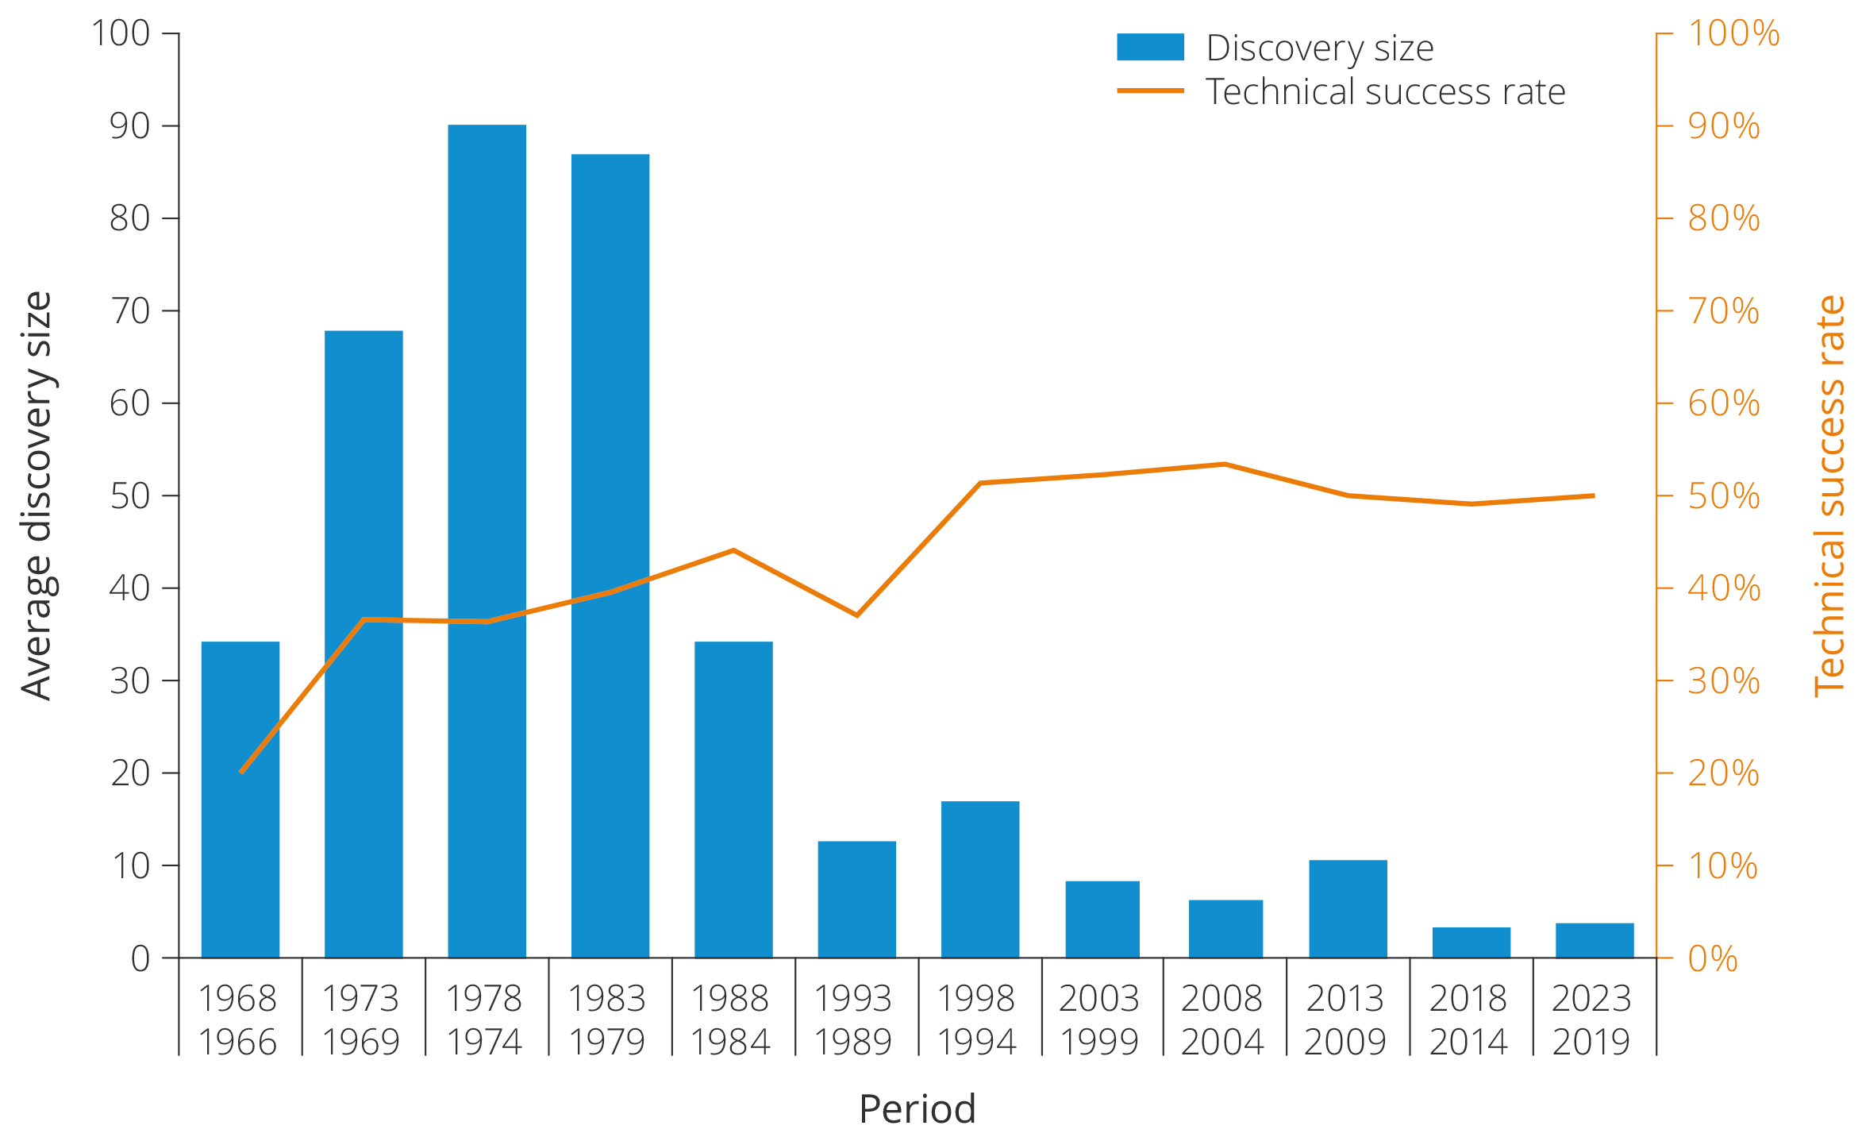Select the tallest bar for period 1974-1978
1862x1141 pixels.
click(487, 540)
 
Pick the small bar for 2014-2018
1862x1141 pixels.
click(1471, 942)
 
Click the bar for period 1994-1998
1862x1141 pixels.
click(980, 879)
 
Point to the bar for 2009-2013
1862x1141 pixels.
click(1348, 908)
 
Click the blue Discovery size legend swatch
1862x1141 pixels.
click(1150, 48)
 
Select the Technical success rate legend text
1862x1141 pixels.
click(1385, 92)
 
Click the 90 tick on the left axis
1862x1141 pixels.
click(129, 125)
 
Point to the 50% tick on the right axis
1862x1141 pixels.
click(1723, 496)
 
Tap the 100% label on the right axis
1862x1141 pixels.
click(1733, 33)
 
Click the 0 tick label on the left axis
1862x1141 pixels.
click(140, 958)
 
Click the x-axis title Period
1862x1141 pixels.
click(917, 1108)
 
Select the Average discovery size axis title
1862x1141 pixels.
click(37, 495)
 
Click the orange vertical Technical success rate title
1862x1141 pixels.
click(1830, 495)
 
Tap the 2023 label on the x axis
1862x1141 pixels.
click(1591, 998)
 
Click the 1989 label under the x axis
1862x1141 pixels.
click(853, 1041)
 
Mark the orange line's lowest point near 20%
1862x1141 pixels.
click(241, 771)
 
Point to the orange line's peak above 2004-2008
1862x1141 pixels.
click(1225, 464)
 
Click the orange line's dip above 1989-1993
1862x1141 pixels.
click(856, 615)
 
